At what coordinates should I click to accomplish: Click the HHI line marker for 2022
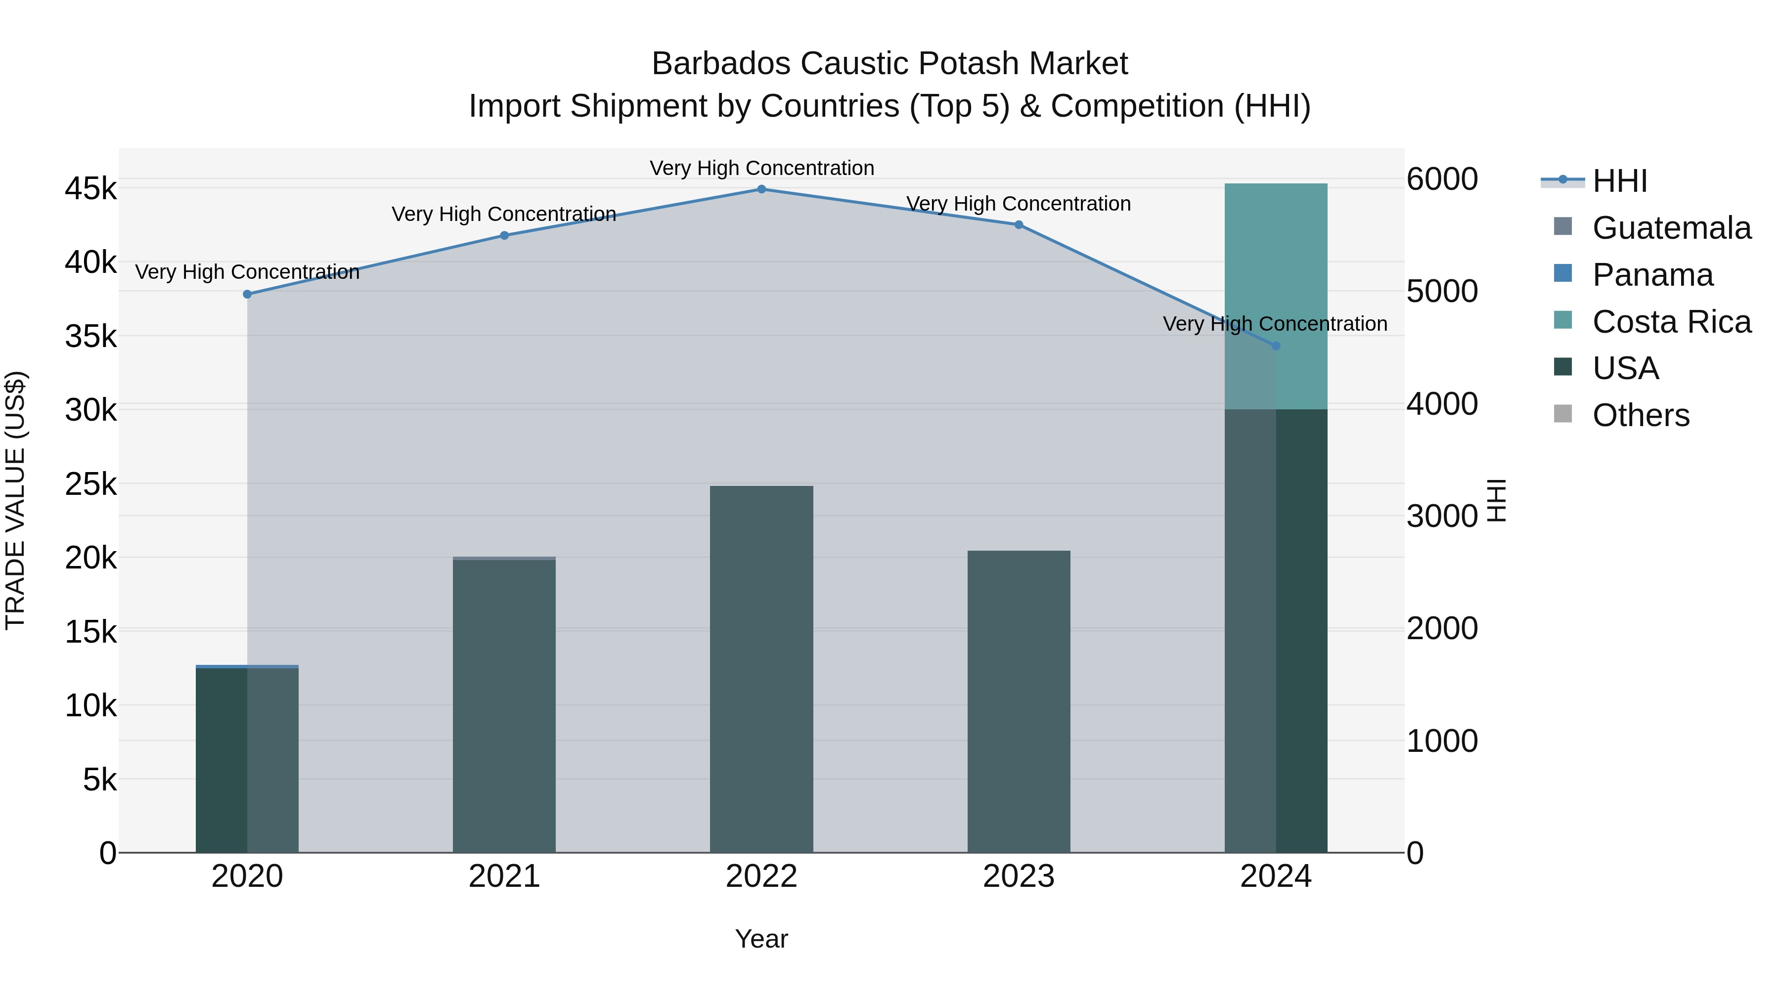pos(761,189)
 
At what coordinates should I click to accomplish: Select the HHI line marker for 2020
pos(247,294)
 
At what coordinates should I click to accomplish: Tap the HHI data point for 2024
pos(1276,346)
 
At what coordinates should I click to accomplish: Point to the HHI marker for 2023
pos(1019,224)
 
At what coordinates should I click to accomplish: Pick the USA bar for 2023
pos(1019,701)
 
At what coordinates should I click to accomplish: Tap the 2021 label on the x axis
pos(504,876)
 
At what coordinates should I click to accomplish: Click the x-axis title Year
pos(761,939)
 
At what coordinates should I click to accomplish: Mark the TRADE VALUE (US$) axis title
pos(15,500)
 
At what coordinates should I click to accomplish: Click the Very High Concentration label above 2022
pos(761,168)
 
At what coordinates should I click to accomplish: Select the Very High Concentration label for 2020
pos(247,272)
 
